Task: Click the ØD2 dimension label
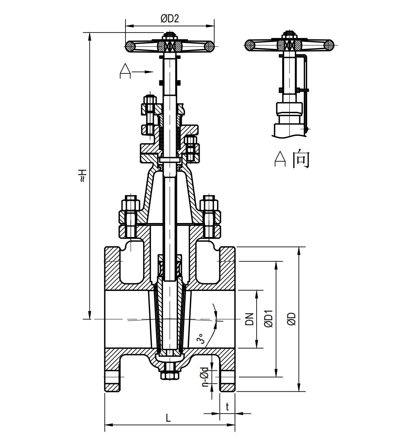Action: [x=170, y=19]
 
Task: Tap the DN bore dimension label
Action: [x=250, y=319]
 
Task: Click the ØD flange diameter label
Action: [x=292, y=319]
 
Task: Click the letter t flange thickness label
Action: [x=227, y=407]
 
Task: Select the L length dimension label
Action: [x=168, y=418]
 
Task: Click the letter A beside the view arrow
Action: [x=125, y=71]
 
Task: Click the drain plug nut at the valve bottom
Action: [x=169, y=375]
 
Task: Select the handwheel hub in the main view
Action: [x=170, y=45]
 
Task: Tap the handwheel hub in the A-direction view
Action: [x=289, y=45]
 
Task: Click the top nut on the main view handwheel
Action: [x=170, y=34]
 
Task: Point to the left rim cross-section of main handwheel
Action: [x=130, y=46]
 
